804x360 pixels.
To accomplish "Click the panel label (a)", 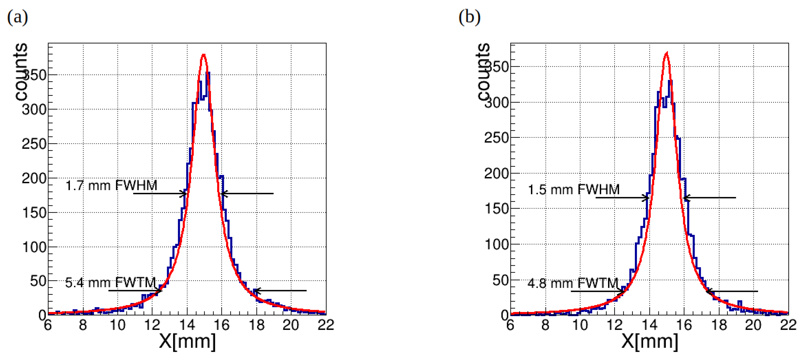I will tap(17, 17).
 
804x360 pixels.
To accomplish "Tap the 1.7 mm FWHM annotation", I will tap(111, 186).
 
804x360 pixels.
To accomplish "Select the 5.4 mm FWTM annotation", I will tap(111, 283).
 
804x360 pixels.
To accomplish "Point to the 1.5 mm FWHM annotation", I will tap(574, 190).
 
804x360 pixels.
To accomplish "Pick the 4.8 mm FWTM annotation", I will tap(573, 283).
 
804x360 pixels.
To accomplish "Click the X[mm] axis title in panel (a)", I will tap(187, 341).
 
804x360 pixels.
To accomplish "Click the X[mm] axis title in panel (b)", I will tap(650, 341).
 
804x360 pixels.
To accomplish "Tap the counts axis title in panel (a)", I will tap(21, 72).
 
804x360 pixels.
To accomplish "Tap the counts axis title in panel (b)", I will tap(484, 72).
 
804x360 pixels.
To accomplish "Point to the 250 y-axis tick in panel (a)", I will tap(34, 144).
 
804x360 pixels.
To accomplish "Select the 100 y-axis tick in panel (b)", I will tap(497, 244).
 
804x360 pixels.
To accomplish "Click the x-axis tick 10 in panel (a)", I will tap(117, 325).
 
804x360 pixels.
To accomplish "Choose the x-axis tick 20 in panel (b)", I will tap(753, 325).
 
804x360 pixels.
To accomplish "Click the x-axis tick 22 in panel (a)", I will tap(326, 325).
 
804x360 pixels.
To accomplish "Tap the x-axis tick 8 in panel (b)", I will tap(545, 325).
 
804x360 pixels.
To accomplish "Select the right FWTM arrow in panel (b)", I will tap(732, 291).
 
